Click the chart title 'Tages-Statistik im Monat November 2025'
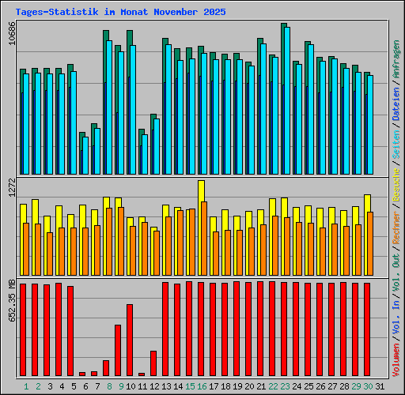click(x=120, y=13)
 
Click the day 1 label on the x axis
click(x=26, y=386)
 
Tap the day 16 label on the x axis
click(x=202, y=386)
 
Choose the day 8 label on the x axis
click(x=108, y=386)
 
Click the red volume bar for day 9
click(x=118, y=350)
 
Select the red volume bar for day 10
click(x=130, y=340)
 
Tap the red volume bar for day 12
click(x=153, y=363)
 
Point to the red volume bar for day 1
click(x=23, y=329)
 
